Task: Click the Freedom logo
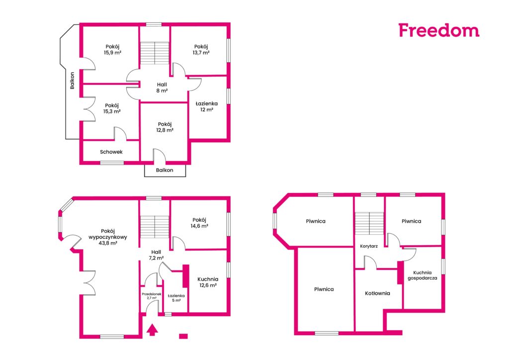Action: pos(439,30)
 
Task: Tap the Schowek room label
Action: pos(111,152)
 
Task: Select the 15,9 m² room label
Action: pos(112,50)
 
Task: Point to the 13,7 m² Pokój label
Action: pos(201,50)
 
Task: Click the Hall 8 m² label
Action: pos(162,88)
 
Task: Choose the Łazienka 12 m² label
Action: pos(207,106)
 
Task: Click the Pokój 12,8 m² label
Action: pos(165,127)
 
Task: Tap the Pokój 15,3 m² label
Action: pos(112,108)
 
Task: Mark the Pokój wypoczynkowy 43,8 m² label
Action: pos(108,237)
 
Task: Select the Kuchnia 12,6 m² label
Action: pos(208,282)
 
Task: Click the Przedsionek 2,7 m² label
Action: pos(152,296)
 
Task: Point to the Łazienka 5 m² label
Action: pos(176,298)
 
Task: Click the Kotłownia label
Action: pos(378,293)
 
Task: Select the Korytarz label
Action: pos(369,246)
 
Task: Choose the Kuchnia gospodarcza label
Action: pos(423,275)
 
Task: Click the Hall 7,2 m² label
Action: pos(156,255)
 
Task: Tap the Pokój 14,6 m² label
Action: pos(199,223)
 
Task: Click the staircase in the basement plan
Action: pos(369,223)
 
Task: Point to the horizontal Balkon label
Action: pos(165,170)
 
